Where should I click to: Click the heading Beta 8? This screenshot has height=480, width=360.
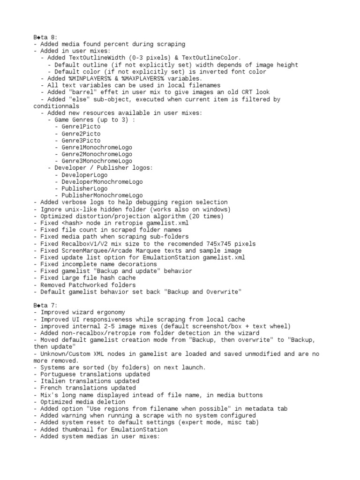(45, 37)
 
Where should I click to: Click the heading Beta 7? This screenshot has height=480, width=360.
(45, 305)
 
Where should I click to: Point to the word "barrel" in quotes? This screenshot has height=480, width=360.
(84, 92)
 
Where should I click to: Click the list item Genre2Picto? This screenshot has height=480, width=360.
(81, 134)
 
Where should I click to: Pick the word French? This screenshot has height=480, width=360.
(51, 388)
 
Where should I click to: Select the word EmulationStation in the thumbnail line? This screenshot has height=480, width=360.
(139, 429)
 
